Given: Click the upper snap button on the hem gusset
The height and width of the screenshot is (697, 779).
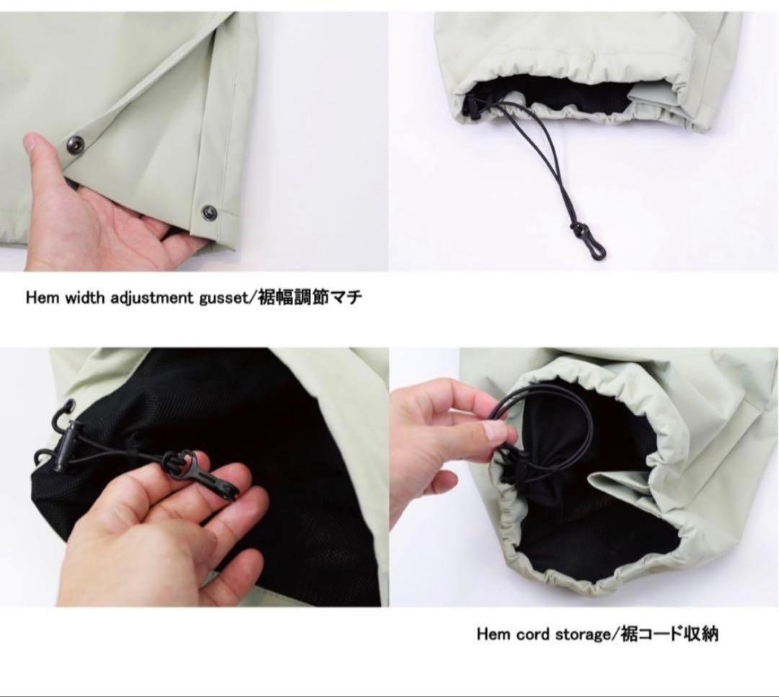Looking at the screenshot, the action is click(x=76, y=144).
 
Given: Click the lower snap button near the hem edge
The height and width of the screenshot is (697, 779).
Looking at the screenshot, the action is click(x=210, y=212).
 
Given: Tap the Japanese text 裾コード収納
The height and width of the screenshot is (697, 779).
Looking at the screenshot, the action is click(x=668, y=634).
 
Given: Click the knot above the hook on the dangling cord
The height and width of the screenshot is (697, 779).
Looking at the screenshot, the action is click(x=577, y=229).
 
